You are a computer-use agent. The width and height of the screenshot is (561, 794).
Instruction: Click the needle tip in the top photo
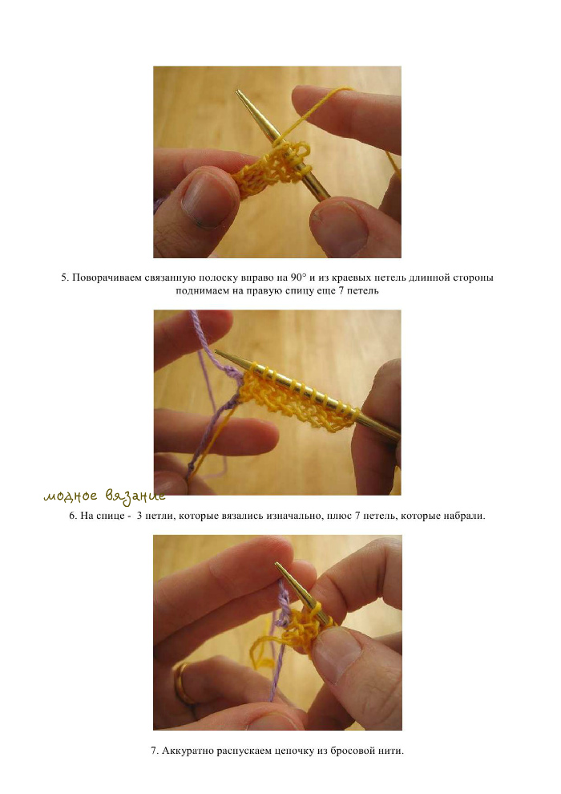236,92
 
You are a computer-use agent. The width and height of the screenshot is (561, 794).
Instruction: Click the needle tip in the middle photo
217,351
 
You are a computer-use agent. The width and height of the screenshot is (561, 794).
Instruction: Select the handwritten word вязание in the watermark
135,496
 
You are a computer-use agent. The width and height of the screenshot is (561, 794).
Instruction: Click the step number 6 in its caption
72,516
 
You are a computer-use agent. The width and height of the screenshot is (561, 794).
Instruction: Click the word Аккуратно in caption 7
188,751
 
